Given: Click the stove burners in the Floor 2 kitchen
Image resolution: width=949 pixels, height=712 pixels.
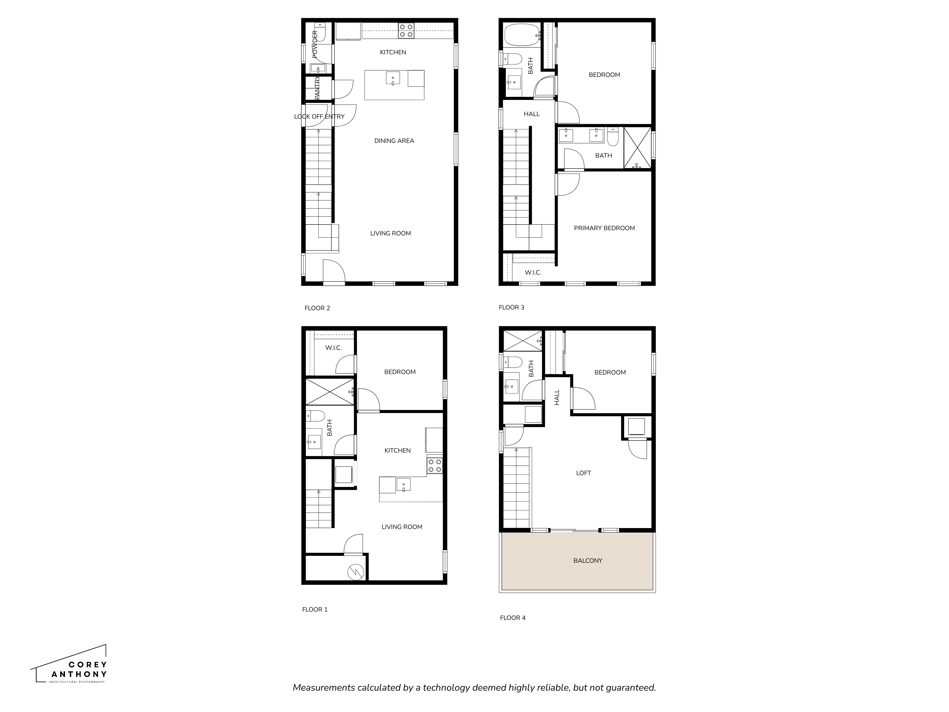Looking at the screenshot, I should point(406,30).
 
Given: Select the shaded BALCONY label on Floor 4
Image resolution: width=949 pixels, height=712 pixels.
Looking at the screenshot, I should point(587,561).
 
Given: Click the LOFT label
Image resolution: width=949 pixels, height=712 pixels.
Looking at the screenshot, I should point(583,473).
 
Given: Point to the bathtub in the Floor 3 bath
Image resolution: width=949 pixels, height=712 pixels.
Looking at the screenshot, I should point(521,35).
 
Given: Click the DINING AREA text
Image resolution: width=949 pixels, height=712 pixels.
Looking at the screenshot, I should point(394,141).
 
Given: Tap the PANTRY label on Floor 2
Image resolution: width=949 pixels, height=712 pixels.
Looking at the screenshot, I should point(317,88).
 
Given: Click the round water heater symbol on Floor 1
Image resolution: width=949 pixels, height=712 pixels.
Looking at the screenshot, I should point(356,572).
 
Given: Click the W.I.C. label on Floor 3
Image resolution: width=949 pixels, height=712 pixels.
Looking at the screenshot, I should point(533,272).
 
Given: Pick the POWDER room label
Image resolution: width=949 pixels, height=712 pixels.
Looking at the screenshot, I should point(315,44).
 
